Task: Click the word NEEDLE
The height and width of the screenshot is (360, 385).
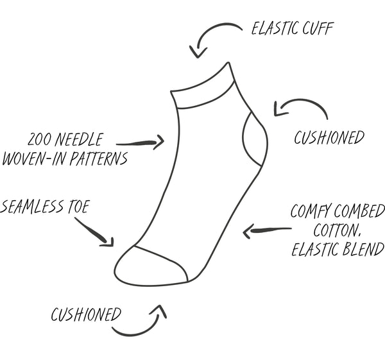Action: click(x=81, y=139)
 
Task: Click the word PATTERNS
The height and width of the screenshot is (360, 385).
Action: click(x=94, y=158)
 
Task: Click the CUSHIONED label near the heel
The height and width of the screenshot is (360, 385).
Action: click(x=329, y=137)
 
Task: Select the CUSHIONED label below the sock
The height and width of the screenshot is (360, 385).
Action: click(x=86, y=314)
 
